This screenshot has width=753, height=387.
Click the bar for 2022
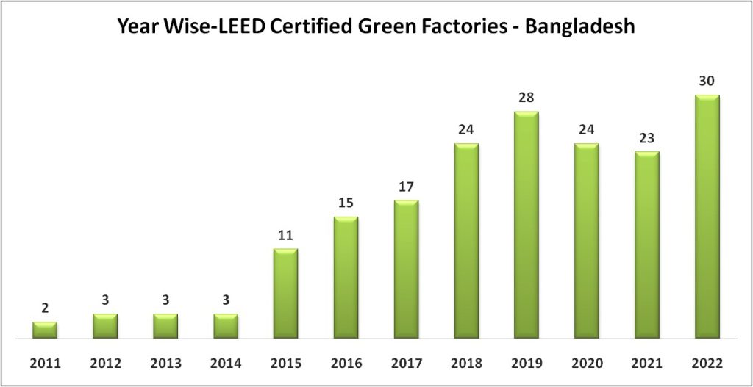707,217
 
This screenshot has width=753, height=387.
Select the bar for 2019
526,225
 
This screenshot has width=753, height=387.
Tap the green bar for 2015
285,294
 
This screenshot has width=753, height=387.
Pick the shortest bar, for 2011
45,330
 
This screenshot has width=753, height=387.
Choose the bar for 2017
406,270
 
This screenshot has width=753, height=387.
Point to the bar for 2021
646,245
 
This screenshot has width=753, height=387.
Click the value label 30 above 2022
707,81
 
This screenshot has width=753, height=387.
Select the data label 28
526,98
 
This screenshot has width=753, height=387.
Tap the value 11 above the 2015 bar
285,235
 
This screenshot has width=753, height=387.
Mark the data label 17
406,187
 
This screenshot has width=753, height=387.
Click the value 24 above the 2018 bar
466,129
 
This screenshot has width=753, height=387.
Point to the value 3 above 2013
165,300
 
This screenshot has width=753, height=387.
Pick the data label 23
646,137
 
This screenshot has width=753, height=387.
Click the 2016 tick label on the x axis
346,363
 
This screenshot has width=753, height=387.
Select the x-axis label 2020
586,363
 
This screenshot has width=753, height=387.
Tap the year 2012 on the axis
105,363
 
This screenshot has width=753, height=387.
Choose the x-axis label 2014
226,363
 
